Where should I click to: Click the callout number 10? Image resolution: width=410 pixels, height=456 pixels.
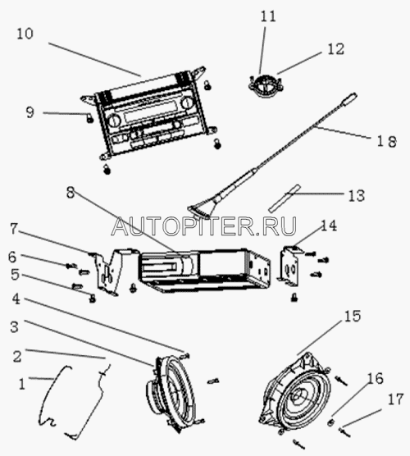point(25,34)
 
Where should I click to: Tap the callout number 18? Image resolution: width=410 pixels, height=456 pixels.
point(387,142)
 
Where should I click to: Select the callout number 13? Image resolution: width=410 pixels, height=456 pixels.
point(357,195)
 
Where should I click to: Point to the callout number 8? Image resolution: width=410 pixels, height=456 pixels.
point(71,193)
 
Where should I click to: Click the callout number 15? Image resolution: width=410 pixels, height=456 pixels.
point(353,316)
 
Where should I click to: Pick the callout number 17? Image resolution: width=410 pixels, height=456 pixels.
point(395,399)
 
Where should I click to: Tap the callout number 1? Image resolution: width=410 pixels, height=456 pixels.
point(22,384)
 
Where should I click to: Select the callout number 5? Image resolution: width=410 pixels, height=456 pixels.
point(16,275)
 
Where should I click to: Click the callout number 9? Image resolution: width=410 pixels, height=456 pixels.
point(30,112)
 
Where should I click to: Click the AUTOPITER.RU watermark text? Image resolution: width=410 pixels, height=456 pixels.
point(204,226)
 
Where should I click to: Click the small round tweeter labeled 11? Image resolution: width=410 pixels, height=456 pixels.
point(266,85)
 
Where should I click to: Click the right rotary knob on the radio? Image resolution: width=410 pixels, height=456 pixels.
point(185,103)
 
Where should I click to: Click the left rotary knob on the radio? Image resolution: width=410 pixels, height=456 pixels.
point(114,120)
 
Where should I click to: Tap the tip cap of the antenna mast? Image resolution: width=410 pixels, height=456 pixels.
point(351,98)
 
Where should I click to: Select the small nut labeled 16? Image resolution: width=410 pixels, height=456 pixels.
point(330,422)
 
